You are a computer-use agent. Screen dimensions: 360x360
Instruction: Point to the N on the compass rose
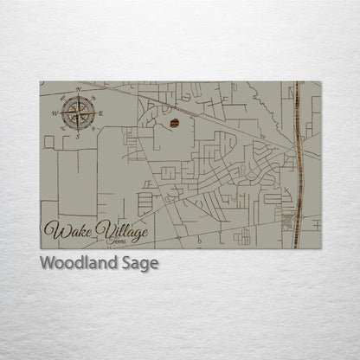coord(79,89)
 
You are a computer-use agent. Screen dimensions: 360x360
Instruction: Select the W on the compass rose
coord(54,112)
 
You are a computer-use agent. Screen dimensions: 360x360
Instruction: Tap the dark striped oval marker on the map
coord(175,124)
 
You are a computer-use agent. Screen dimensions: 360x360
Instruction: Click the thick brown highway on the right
coord(297,164)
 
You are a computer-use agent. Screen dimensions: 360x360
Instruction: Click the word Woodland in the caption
coord(77,263)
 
